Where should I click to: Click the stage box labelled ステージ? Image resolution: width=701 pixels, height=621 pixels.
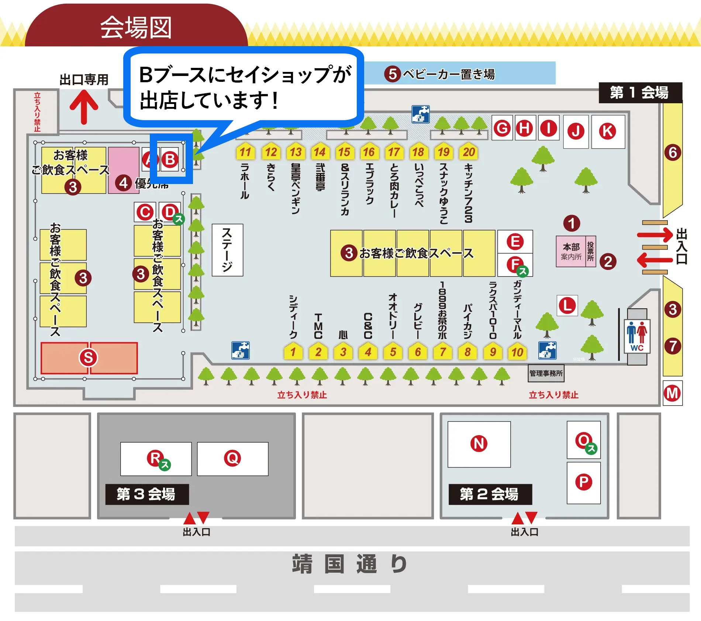click(227, 250)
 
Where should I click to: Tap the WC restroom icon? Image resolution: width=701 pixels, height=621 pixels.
click(637, 336)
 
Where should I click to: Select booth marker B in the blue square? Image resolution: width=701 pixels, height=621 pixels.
click(170, 160)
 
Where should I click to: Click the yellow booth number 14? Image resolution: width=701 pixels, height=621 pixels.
click(320, 152)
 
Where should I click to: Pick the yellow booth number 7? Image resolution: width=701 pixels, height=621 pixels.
click(442, 352)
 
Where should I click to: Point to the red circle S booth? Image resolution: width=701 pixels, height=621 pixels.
click(89, 358)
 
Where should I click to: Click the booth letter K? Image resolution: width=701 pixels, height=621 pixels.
click(607, 131)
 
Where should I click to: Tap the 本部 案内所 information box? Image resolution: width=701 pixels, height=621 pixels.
click(571, 251)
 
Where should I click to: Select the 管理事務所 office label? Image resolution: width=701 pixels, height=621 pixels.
click(546, 373)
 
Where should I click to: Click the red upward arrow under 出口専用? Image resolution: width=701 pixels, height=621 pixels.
click(84, 107)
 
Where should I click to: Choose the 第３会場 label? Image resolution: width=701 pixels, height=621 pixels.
click(146, 494)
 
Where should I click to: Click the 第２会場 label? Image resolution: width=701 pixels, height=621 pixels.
click(490, 494)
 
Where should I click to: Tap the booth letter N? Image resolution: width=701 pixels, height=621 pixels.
click(479, 444)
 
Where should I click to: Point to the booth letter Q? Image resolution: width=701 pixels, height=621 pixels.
click(232, 458)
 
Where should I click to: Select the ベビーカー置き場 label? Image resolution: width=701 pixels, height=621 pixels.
click(448, 74)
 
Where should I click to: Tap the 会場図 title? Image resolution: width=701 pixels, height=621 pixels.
click(136, 28)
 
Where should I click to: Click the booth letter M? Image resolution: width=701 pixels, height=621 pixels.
click(672, 393)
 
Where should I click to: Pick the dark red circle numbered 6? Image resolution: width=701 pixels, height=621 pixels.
click(673, 152)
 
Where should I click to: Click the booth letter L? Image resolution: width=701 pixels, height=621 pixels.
click(567, 305)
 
